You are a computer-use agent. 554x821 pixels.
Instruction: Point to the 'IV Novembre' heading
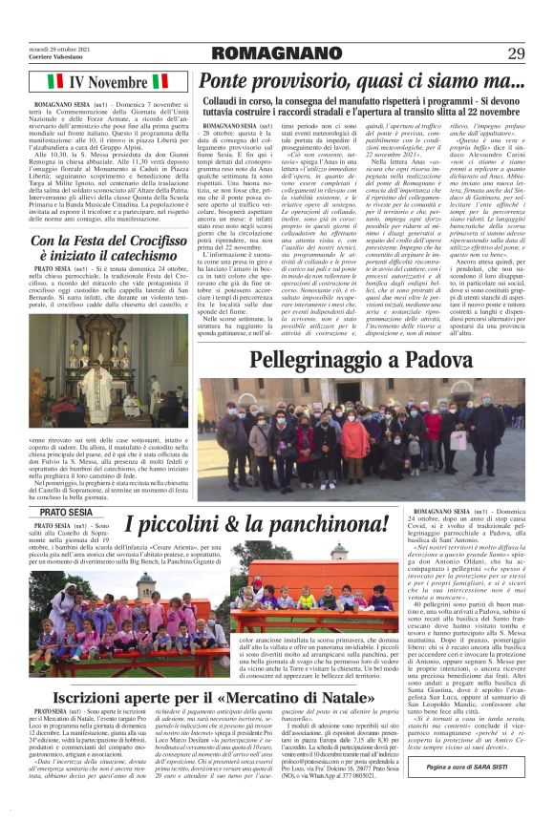[x=107, y=82]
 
